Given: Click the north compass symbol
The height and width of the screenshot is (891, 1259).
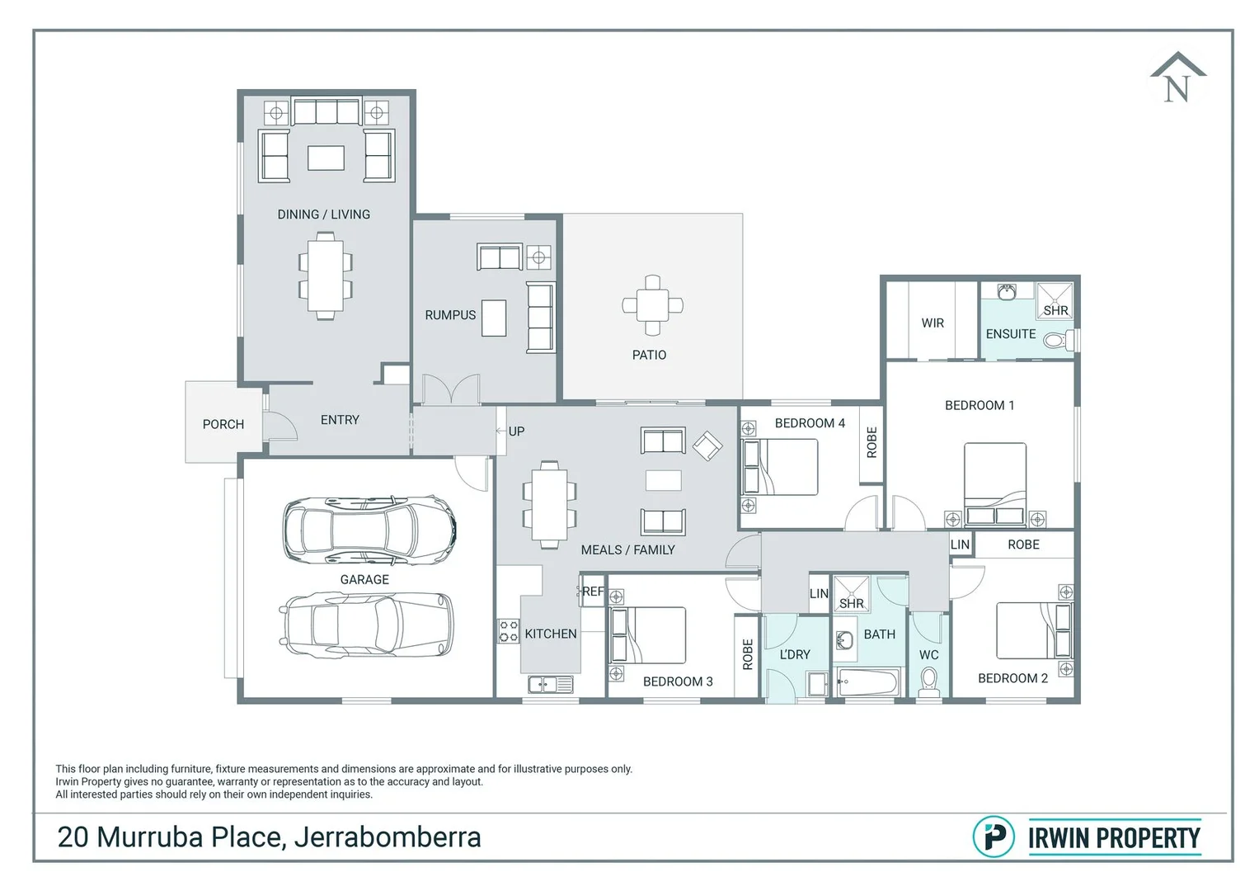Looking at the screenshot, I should click(x=1177, y=79).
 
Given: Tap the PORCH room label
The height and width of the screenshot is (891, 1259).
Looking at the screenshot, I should click(x=223, y=424).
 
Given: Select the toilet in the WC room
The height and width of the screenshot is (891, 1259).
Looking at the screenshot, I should click(x=928, y=682).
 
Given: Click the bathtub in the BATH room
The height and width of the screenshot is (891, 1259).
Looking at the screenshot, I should click(x=867, y=682).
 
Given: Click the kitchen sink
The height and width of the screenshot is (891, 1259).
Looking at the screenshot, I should click(x=550, y=684).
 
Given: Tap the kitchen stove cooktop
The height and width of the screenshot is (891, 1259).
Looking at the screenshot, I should click(x=508, y=631).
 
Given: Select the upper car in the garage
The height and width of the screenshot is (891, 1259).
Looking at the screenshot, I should click(x=369, y=530).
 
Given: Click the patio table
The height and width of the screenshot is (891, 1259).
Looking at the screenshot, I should click(x=652, y=305).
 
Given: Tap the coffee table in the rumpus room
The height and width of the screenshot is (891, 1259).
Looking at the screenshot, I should click(x=494, y=318).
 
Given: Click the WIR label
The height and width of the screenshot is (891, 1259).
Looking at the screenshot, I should click(x=933, y=323).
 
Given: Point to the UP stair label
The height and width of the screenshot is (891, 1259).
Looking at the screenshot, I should click(x=516, y=431).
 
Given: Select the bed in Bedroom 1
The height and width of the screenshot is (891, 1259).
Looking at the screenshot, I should click(x=995, y=483).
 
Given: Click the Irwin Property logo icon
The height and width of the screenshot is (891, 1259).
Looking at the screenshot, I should click(x=994, y=837).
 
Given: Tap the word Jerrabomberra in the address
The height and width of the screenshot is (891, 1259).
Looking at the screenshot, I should click(x=388, y=837).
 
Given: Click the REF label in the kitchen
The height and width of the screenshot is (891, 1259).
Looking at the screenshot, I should click(x=593, y=592).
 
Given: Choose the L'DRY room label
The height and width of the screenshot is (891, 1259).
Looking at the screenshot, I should click(x=795, y=654).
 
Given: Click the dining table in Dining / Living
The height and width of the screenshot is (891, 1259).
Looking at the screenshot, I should click(x=325, y=276).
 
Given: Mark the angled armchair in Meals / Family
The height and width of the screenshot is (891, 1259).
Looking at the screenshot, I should click(x=707, y=446).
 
